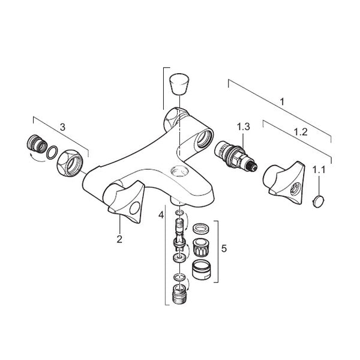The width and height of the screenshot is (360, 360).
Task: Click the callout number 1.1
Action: (319, 170)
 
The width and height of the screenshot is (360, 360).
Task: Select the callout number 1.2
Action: (301, 132)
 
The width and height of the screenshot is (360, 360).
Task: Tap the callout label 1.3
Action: (244, 127)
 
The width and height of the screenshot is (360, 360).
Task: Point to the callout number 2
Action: (119, 239)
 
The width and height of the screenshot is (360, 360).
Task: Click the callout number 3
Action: (62, 127)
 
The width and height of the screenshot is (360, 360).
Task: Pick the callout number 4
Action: (161, 215)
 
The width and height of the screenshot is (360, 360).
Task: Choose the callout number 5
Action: (224, 248)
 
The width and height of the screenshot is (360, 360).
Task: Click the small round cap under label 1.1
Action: (319, 202)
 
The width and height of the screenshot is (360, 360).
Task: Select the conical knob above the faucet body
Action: (179, 84)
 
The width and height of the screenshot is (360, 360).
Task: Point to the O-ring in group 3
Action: (52, 152)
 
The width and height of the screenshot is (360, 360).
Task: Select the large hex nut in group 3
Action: (70, 163)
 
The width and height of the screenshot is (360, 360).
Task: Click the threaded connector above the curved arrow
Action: (37, 143)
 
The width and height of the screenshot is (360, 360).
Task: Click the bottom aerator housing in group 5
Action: (201, 269)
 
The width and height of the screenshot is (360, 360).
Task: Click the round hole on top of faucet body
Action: (179, 170)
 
